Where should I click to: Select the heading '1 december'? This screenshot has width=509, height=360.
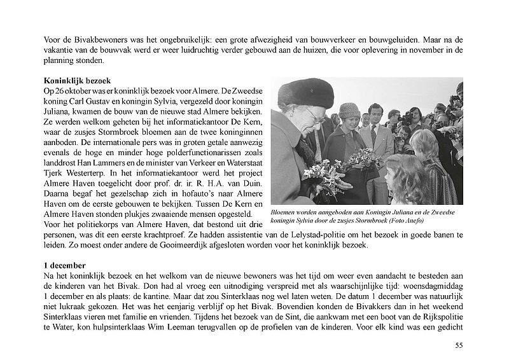(64, 263)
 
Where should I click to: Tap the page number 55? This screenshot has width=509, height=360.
(459, 345)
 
